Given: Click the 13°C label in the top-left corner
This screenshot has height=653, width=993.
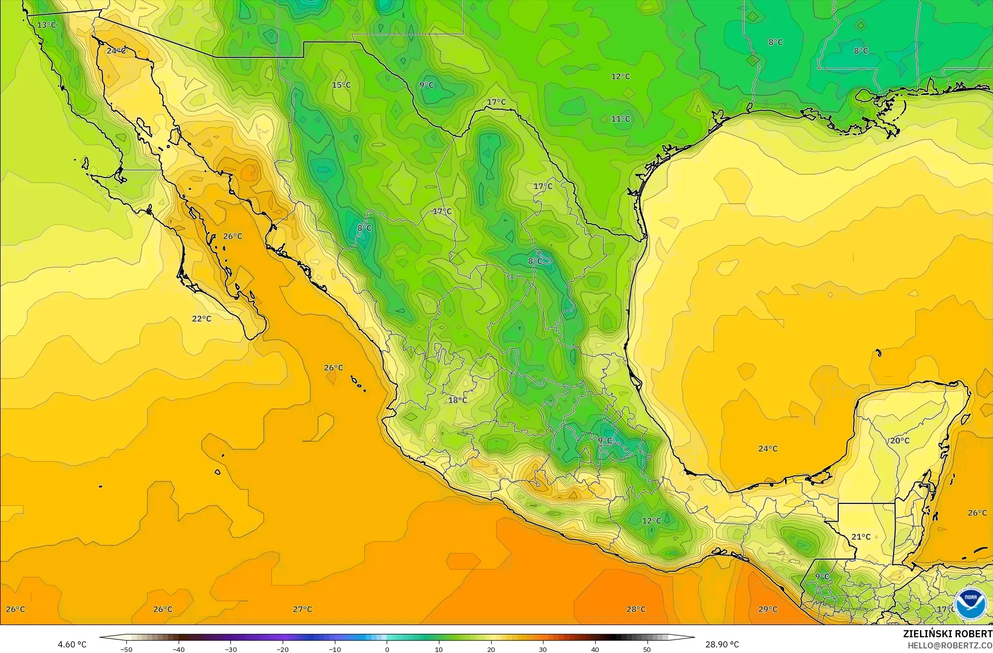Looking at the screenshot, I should click(x=47, y=25).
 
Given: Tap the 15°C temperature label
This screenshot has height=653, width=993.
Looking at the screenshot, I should click(x=341, y=85).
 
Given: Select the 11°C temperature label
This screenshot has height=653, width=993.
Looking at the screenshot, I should click(x=621, y=119).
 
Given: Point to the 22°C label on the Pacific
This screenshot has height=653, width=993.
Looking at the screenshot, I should click(x=201, y=319).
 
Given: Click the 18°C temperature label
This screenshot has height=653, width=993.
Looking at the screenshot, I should click(x=458, y=400).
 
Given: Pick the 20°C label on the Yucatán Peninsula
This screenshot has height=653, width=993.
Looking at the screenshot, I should click(x=900, y=440).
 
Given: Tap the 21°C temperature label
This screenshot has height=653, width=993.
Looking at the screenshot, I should click(x=861, y=537).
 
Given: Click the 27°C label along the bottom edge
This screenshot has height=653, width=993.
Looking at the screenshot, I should click(x=302, y=609).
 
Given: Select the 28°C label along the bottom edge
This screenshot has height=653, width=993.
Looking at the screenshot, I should click(x=636, y=609).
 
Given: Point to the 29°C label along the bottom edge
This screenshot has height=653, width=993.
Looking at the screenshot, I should click(x=768, y=609).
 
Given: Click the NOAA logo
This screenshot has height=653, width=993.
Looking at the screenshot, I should click(x=970, y=604).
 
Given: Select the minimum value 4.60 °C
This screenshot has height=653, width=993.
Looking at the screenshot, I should click(x=72, y=644).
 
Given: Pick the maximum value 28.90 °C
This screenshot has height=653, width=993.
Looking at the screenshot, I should click(x=722, y=644).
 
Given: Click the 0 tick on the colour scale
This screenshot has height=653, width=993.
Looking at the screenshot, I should click(x=387, y=649).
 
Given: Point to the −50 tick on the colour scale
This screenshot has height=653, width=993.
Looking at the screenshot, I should click(x=126, y=649).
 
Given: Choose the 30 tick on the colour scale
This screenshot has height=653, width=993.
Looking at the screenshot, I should click(x=543, y=649).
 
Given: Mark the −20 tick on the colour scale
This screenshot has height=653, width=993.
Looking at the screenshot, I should click(x=282, y=649).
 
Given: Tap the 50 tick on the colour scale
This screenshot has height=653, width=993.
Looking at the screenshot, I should click(x=647, y=649).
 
